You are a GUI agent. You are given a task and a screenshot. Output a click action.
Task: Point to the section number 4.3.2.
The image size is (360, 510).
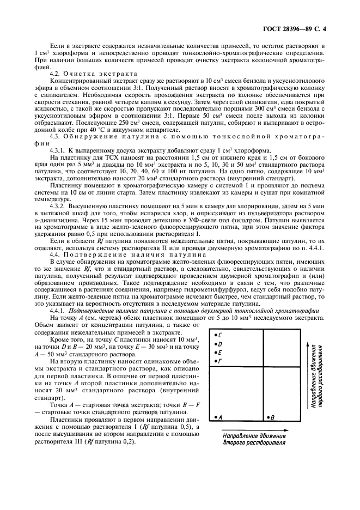pyautogui.click(x=58, y=208)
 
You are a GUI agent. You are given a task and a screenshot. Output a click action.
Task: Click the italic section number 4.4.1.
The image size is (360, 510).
pyautogui.click(x=58, y=309)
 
